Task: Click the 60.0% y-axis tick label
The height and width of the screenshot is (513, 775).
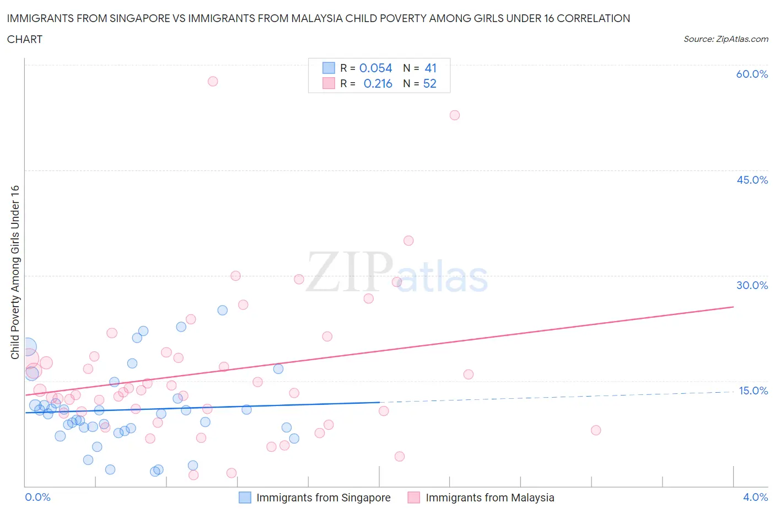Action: coord(752,74)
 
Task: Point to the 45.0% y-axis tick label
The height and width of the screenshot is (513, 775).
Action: coord(752,180)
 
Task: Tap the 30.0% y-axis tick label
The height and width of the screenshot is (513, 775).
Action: coord(752,285)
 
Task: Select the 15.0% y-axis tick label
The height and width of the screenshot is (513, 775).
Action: coord(753,391)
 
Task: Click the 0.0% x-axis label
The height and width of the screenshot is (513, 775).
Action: coord(37,497)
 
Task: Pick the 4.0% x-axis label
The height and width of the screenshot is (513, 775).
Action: coord(755,497)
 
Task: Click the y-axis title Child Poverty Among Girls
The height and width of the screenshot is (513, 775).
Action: coord(15,272)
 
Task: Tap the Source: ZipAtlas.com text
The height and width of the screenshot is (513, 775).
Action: coord(725,39)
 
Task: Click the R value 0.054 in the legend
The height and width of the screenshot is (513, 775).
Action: coord(375,68)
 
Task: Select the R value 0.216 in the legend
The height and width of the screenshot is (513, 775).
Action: coord(378,83)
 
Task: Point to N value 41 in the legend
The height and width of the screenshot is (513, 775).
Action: coord(430,68)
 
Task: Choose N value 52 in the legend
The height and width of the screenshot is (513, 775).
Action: coord(429,83)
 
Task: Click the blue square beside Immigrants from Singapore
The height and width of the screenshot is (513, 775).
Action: coord(245,498)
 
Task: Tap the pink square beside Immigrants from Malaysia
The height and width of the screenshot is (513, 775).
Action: coord(413,498)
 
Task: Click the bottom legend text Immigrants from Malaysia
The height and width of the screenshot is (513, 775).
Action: coord(489,498)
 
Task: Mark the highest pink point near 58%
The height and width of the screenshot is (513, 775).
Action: coord(213,81)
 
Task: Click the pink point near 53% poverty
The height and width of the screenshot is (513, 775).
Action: coord(455,115)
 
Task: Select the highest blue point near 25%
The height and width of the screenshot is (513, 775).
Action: coord(223,310)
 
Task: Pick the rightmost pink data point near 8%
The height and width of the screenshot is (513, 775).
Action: coord(596,430)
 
